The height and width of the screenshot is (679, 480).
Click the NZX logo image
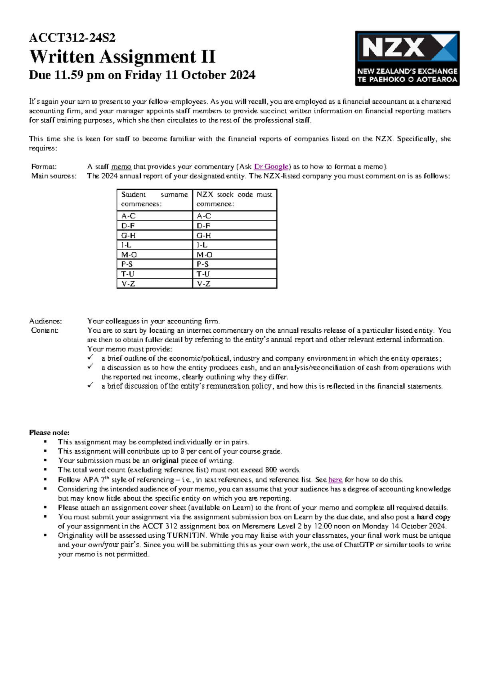407,58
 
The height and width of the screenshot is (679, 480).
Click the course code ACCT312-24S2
72,38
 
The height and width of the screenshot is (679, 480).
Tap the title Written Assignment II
122,57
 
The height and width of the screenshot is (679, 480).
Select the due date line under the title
142,75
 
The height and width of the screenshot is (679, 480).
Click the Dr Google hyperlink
271,167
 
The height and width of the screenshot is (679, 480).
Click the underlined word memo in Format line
121,167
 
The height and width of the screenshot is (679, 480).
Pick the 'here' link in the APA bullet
335,480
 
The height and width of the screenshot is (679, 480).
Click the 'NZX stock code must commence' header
234,199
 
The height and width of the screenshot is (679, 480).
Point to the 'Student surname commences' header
154,199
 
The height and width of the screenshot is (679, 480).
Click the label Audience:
46,321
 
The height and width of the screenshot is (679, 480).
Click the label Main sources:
54,176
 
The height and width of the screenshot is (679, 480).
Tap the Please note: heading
49,433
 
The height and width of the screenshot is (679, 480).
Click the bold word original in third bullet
165,461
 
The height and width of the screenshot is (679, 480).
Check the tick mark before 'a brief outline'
91,357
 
